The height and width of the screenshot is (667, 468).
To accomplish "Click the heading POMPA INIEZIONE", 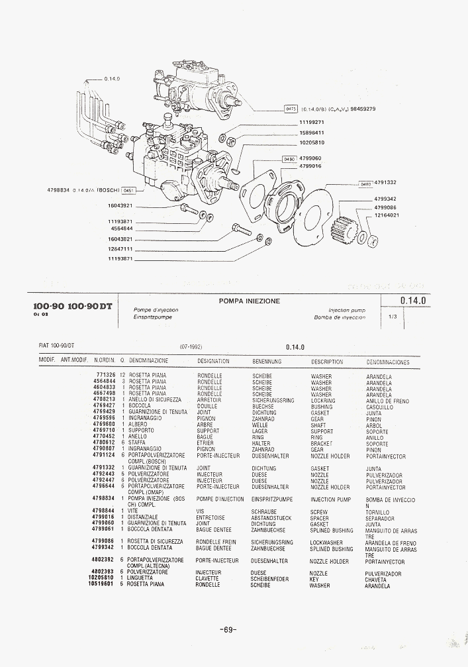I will click(250, 301).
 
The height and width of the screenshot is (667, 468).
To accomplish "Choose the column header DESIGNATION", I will click(213, 362).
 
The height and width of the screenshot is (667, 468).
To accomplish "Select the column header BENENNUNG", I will click(267, 362).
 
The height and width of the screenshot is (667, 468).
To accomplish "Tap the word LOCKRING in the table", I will click(323, 401).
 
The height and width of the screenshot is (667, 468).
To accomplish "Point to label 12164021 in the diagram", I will click(387, 215).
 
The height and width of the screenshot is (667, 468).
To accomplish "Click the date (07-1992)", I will click(191, 346).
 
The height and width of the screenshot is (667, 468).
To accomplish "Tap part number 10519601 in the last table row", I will click(102, 585).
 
